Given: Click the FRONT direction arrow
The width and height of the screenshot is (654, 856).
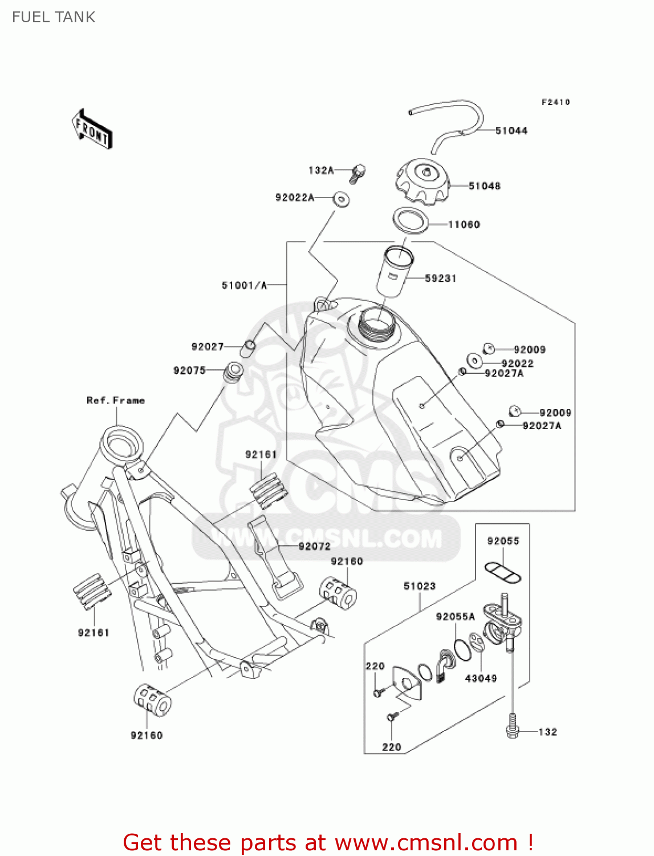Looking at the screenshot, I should point(91,130).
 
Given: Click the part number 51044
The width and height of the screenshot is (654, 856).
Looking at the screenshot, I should point(511,131).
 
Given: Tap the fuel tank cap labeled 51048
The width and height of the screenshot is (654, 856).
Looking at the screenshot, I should point(422,181).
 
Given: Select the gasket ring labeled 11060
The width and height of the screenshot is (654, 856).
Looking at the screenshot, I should point(410,220).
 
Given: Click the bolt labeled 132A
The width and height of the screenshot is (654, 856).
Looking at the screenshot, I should point(358,172).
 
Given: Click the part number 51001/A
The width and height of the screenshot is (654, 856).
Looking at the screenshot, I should point(244,285).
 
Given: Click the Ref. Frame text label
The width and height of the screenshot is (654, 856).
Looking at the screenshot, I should point(116,401).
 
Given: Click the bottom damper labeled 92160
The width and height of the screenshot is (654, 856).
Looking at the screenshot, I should point(152,700).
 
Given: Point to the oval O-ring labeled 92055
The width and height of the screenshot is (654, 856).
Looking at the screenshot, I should point(502,572).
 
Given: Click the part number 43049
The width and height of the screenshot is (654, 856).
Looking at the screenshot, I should point(481,678).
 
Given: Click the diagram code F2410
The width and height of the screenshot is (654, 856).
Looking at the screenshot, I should point(555,102).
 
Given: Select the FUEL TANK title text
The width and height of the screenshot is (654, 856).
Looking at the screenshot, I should point(54,17).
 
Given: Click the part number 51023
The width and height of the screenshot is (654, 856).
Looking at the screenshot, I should point(420,586).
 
